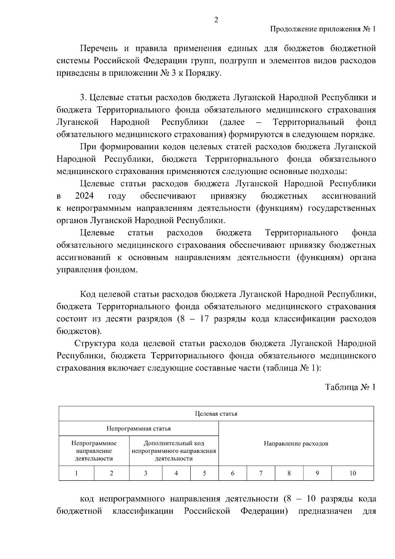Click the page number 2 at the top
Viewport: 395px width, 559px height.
point(216,20)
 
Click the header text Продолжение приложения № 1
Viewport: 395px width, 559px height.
point(323,29)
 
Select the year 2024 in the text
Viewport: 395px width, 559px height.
point(84,196)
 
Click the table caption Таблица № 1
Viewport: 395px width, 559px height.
point(350,387)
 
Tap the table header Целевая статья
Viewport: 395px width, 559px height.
point(216,414)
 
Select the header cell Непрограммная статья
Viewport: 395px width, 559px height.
point(139,429)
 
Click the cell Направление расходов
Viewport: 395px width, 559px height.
point(296,443)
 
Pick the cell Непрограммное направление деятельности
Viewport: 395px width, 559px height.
point(94,451)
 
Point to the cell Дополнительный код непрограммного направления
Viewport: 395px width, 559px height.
point(174,451)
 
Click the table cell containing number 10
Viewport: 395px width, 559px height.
point(353,473)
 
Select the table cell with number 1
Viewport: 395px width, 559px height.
point(76,473)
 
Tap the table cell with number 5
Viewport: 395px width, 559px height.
point(204,473)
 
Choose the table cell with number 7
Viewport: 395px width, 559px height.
point(261,473)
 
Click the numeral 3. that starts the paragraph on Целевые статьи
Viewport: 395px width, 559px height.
point(83,98)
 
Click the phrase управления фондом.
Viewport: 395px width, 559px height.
point(97,270)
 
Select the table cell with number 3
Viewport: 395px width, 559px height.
point(145,473)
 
